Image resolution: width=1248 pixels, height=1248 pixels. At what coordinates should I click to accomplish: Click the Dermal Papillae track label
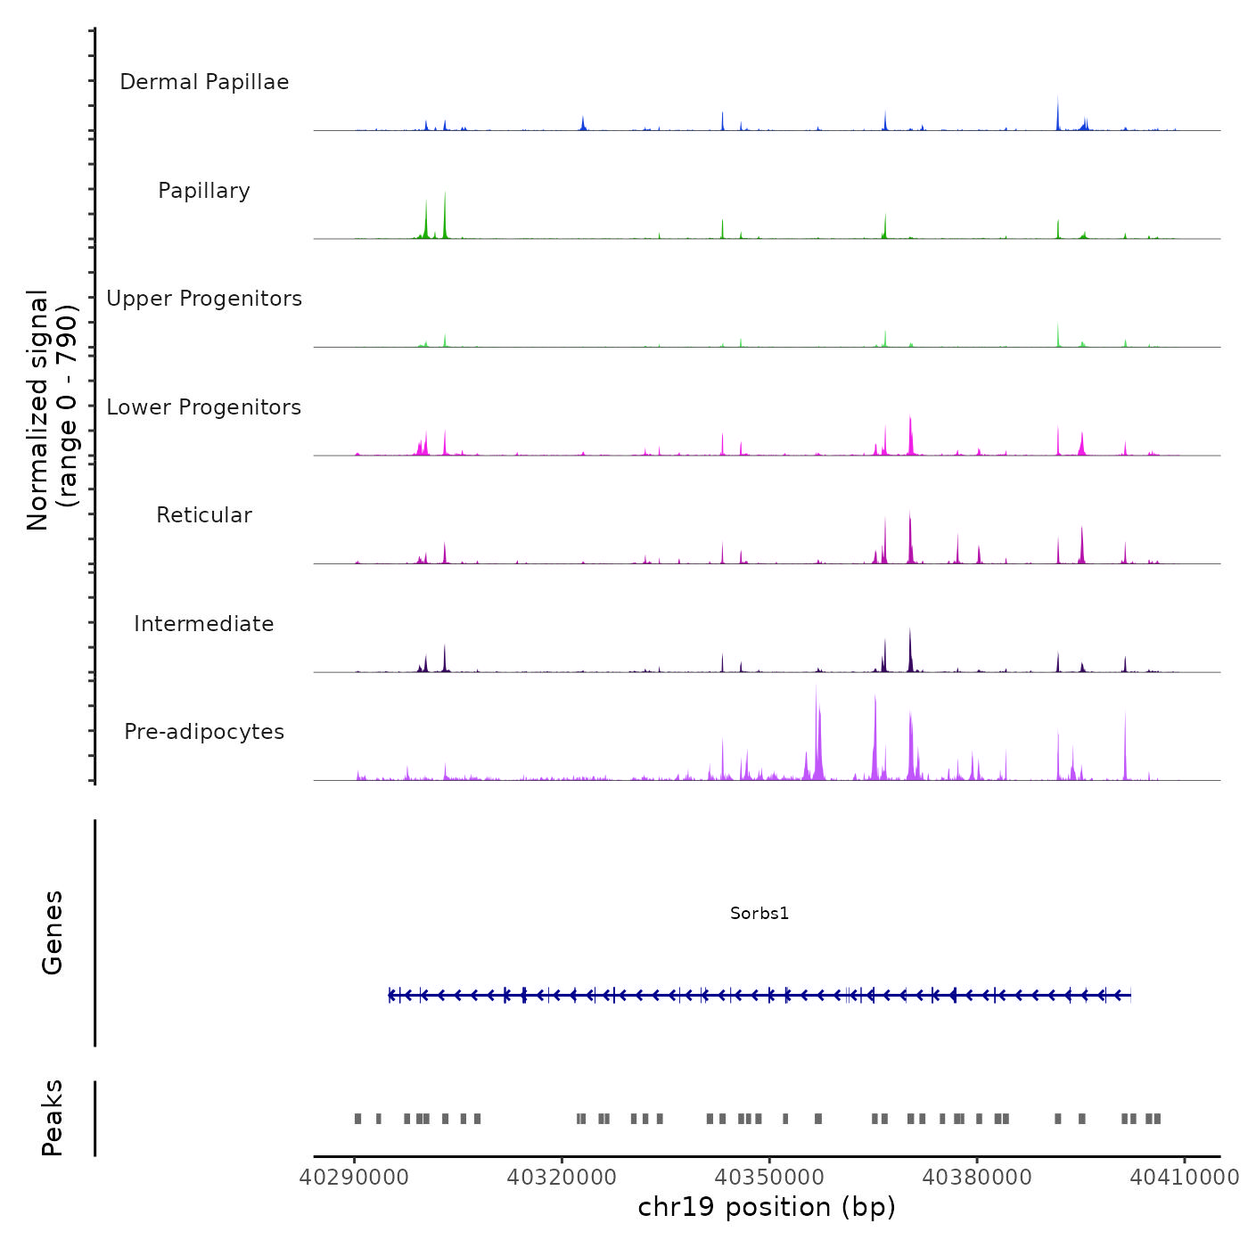(204, 82)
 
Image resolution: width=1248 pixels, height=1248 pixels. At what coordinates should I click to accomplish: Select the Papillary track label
(204, 191)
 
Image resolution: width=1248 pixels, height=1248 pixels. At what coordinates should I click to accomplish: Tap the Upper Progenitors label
(204, 299)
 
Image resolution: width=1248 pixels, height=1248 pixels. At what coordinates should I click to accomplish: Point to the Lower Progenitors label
(204, 407)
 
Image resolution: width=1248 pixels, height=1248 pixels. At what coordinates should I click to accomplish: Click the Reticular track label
(204, 515)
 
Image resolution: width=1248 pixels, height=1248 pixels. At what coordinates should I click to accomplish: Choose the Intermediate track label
(204, 624)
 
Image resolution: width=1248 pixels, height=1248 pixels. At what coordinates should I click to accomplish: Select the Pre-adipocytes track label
(204, 732)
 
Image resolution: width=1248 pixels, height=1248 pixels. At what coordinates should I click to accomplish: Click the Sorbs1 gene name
(759, 913)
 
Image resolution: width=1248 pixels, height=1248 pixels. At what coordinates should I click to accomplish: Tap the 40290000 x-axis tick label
(354, 1177)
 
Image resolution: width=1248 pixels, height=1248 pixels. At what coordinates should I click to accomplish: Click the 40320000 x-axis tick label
(562, 1177)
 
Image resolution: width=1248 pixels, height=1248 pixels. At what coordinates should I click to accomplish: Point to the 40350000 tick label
(770, 1177)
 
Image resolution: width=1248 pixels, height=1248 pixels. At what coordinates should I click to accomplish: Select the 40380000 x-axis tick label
(977, 1177)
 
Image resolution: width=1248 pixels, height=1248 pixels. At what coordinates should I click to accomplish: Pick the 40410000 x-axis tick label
(1185, 1177)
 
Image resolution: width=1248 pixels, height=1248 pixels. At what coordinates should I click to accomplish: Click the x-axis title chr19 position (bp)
(767, 1207)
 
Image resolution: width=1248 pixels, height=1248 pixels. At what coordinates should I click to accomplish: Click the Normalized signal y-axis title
(52, 410)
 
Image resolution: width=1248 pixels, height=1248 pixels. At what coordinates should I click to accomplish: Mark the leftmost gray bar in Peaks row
(358, 1119)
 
